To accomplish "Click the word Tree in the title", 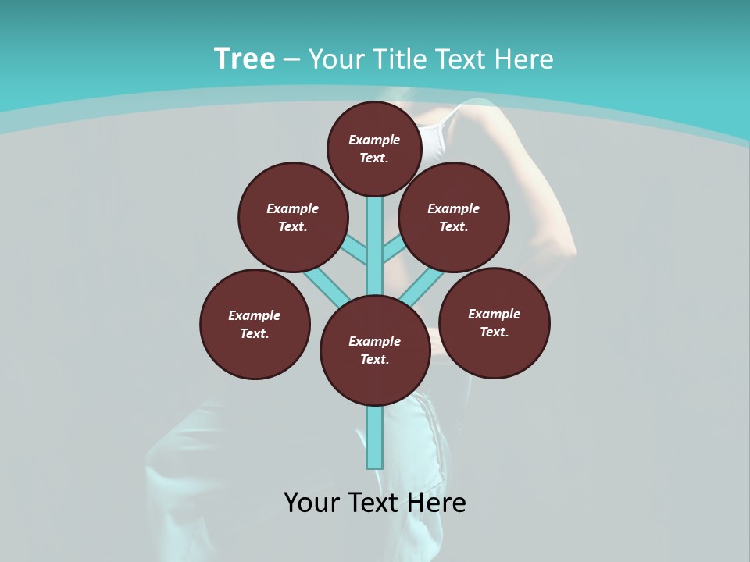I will click(x=245, y=59).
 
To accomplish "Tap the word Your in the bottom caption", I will click(x=312, y=503).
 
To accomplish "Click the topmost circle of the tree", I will click(x=374, y=149).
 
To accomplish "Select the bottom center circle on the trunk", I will click(x=375, y=350).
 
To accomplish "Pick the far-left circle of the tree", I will click(x=255, y=325).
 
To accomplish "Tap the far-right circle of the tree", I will click(x=495, y=322).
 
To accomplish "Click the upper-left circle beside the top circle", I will click(x=293, y=217).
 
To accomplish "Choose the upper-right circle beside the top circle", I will click(x=454, y=217).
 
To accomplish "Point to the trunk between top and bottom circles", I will click(x=375, y=242).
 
